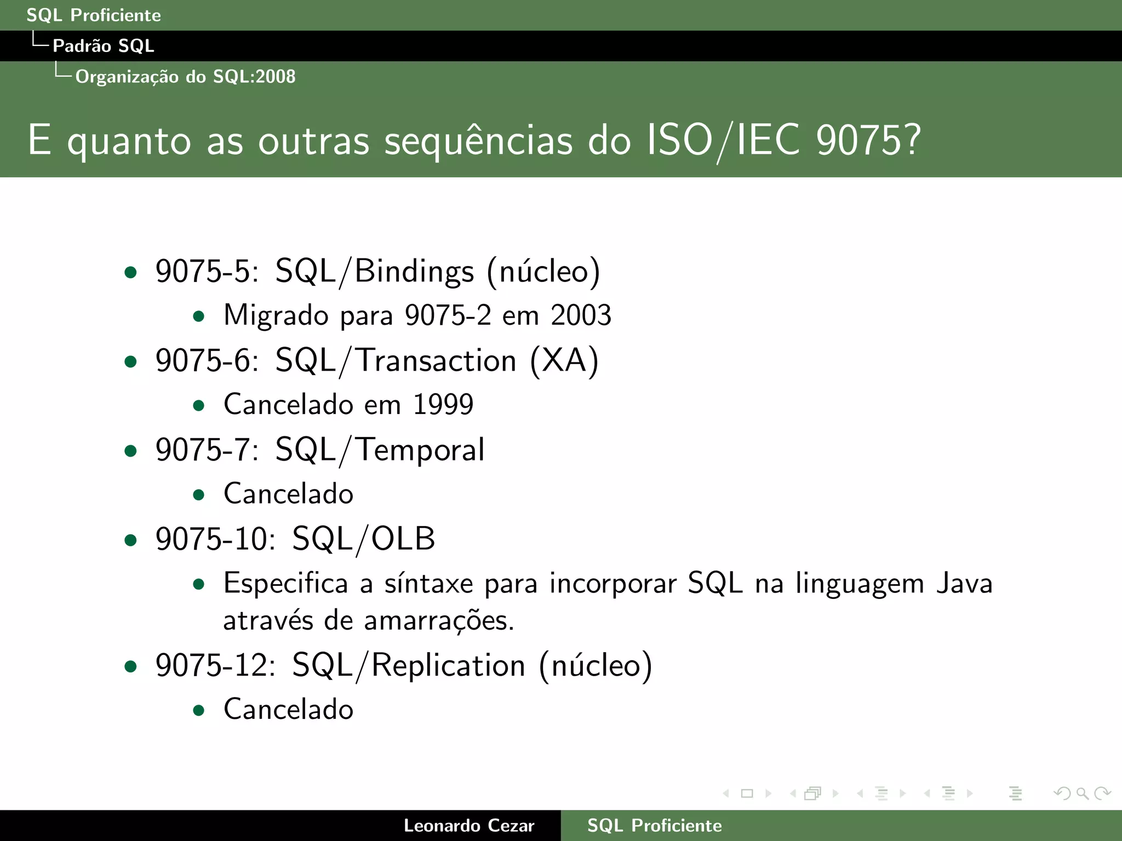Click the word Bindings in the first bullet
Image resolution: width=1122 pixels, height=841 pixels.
(414, 272)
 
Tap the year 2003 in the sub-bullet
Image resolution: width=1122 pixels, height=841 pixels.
(581, 315)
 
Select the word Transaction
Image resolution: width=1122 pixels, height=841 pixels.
(437, 361)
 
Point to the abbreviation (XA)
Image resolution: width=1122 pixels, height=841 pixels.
(564, 361)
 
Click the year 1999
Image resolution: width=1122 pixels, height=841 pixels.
(443, 405)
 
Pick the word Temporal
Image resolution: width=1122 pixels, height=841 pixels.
(420, 450)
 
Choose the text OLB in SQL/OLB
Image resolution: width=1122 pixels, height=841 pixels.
(403, 539)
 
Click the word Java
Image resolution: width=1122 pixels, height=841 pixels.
(964, 584)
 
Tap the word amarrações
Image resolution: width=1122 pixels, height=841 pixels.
(439, 621)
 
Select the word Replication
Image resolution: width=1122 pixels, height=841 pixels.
(448, 666)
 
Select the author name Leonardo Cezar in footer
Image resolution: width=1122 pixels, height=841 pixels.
(468, 826)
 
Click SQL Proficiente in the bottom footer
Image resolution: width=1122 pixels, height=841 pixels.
(654, 826)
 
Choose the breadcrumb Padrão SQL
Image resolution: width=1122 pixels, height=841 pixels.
(103, 46)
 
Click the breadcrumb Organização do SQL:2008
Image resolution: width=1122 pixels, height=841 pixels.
(185, 77)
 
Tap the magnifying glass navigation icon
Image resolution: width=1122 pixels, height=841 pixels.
(1082, 793)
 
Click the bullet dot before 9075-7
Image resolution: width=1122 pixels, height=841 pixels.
(130, 451)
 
